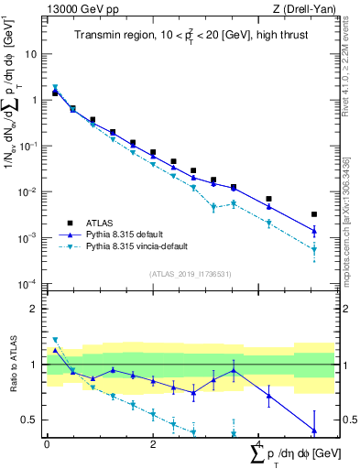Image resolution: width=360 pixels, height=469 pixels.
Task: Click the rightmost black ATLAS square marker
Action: pos(314,214)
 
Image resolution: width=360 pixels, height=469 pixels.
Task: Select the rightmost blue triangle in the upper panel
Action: pos(314,231)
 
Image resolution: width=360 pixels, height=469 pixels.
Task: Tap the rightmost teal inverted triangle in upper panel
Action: pos(314,249)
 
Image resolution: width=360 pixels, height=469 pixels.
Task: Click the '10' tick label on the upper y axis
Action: pos(31,54)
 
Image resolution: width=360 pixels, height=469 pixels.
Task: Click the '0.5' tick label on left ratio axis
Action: pos(29,420)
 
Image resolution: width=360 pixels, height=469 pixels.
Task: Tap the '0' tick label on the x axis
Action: pos(46,444)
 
